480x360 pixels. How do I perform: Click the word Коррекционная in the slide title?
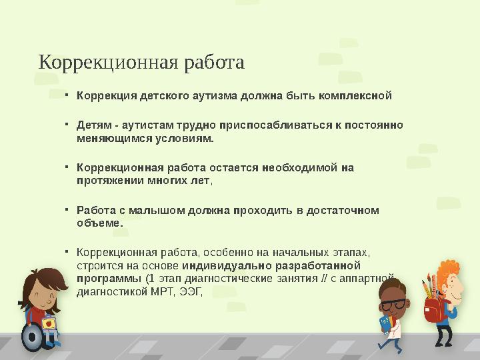click(105, 63)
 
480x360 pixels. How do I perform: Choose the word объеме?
click(99, 223)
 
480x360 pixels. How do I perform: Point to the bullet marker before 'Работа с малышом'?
click(67, 209)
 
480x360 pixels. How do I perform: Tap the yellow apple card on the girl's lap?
click(48, 323)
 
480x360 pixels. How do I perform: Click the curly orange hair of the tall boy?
click(445, 270)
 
